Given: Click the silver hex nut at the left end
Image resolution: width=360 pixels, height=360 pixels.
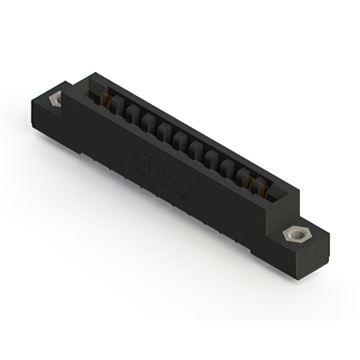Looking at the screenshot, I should click(x=55, y=100).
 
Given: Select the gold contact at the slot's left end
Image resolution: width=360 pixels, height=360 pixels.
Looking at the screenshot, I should click(x=106, y=101).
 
